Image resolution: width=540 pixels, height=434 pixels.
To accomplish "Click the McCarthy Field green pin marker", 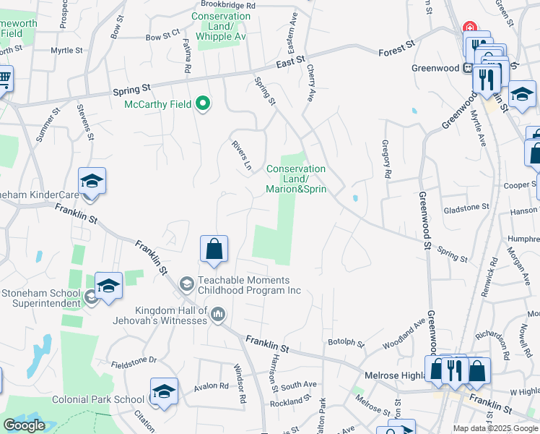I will click(x=203, y=104).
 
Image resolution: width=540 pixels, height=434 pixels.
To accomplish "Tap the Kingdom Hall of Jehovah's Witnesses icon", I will click(x=217, y=314).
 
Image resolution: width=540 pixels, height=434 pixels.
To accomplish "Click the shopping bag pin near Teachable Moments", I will click(x=214, y=250).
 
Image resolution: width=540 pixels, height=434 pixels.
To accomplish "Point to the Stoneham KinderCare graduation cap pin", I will click(x=92, y=182).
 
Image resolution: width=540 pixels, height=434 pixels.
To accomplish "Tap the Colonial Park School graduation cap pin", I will click(x=164, y=392).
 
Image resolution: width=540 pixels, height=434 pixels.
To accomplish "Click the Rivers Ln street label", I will click(x=242, y=156).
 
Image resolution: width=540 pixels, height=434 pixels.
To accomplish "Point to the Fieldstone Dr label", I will click(x=134, y=360).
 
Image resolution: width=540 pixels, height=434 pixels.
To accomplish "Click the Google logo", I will click(x=24, y=425).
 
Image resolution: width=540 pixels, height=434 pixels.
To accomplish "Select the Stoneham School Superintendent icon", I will click(x=92, y=297).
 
